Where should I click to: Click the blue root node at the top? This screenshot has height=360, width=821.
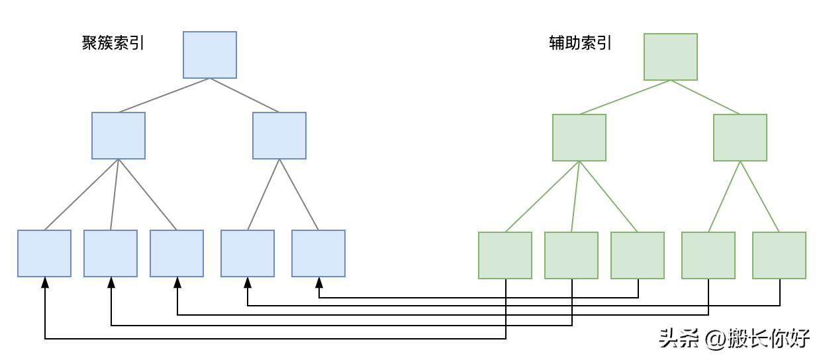coord(210,55)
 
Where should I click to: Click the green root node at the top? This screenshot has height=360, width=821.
coord(671,57)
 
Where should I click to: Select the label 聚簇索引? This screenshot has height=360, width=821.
coord(113,44)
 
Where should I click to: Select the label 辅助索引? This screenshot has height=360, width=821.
coord(580,44)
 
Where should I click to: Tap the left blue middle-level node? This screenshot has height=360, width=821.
coord(119,136)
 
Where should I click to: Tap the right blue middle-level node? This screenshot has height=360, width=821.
coord(279,136)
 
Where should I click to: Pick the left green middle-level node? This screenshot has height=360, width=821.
coord(579,138)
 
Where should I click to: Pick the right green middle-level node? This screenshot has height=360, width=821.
coord(740,138)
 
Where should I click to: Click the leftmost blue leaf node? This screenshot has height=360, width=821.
coord(44,253)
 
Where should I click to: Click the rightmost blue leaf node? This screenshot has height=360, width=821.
coord(318,253)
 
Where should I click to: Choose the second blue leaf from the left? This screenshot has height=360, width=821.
coord(111,253)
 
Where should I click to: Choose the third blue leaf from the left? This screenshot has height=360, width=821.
coord(177,253)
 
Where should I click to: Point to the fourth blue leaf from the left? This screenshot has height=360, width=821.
coord(248,253)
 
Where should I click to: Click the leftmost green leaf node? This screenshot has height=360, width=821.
coord(505,255)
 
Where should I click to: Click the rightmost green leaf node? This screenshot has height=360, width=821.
coord(779,255)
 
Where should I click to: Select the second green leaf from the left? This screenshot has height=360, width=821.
coord(571,255)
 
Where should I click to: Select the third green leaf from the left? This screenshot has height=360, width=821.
coord(638,255)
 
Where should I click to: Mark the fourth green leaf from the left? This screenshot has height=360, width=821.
coord(708,255)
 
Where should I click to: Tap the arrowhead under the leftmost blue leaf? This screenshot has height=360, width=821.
coord(45,283)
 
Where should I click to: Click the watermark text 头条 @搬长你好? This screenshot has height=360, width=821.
coord(734,338)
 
